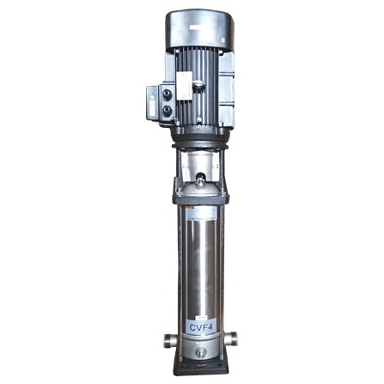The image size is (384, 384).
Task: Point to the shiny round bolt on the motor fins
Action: pyautogui.click(x=198, y=83)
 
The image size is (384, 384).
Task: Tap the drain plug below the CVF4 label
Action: pyautogui.click(x=198, y=352)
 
